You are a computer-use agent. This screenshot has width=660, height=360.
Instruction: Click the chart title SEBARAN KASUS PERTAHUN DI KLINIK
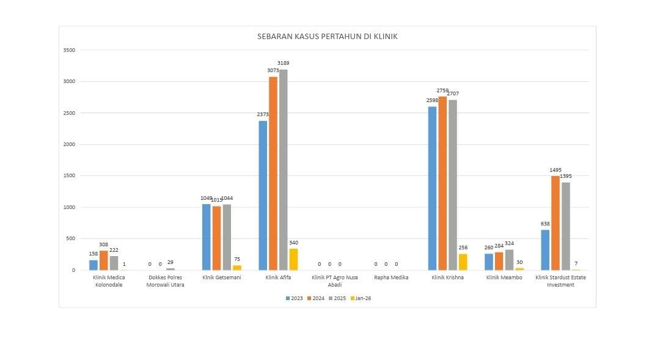coord(328,37)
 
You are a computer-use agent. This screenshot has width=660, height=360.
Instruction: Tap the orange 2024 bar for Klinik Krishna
coord(442,183)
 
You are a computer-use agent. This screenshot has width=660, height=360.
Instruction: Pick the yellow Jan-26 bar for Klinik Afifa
coord(294,259)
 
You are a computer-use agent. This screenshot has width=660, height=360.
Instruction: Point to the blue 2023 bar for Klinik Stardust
coord(545,250)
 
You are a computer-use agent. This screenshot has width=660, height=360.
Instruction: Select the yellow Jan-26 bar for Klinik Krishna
coord(463,262)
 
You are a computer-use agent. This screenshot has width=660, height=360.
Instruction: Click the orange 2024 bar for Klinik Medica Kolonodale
coord(104,260)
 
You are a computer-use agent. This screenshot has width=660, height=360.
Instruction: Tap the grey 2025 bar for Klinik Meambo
coord(509,260)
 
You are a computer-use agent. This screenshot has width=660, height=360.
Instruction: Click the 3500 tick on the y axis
coord(69,50)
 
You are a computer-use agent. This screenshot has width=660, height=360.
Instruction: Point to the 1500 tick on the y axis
coord(69,176)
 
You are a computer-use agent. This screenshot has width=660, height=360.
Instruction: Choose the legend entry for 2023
coord(294,298)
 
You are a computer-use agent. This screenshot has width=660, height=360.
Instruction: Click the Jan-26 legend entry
coord(360,298)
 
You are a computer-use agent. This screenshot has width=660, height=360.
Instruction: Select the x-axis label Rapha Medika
coord(391,277)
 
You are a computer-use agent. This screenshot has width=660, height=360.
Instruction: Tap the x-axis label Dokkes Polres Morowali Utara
coord(166,281)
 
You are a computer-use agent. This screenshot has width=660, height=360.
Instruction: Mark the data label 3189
coord(284,63)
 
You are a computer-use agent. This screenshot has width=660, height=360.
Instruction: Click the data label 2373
coord(263,114)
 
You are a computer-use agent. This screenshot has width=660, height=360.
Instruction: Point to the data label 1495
coord(555,170)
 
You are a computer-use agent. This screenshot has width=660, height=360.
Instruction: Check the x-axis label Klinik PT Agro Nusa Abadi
coord(334,281)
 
